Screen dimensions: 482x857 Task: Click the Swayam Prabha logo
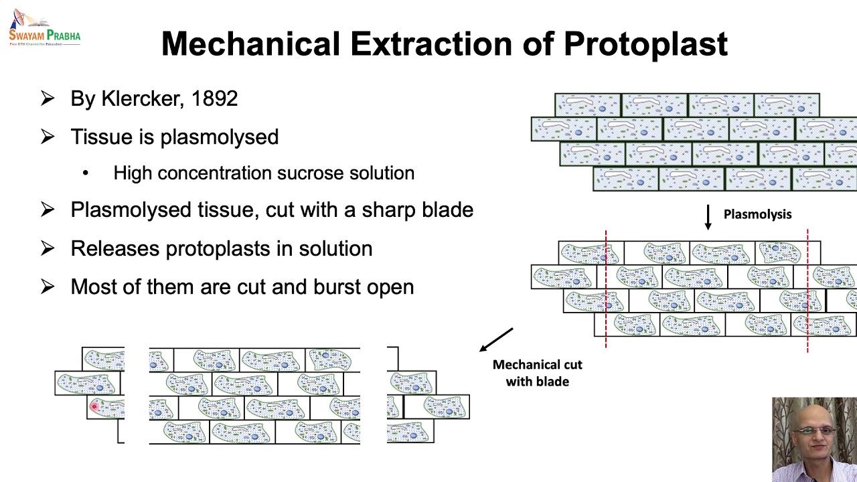point(44,28)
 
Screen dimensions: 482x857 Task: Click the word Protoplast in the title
point(645,44)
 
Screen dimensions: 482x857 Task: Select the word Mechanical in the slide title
point(250,44)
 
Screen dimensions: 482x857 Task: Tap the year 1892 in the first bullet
point(214,99)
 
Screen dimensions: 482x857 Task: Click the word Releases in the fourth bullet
point(114,248)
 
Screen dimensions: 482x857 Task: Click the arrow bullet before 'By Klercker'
point(48,99)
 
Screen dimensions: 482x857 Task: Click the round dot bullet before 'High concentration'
point(86,173)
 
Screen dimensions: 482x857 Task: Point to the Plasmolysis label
point(757,214)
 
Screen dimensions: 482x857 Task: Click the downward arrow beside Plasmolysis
point(708,217)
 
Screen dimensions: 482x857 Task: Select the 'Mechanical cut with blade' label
point(537,373)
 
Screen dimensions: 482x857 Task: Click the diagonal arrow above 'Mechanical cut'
point(496,339)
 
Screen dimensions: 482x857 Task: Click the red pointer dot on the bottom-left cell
point(94,405)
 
